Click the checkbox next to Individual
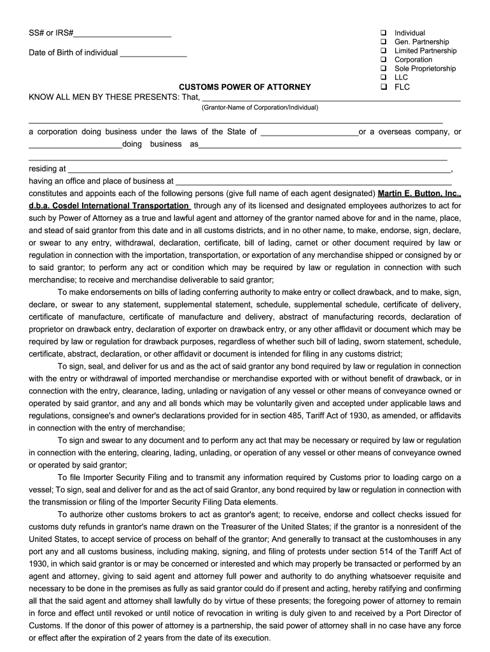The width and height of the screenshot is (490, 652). (384, 32)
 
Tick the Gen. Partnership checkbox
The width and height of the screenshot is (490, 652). (384, 41)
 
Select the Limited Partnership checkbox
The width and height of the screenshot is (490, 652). (384, 50)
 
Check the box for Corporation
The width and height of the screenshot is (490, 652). (384, 59)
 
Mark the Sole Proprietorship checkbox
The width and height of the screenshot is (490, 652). (384, 68)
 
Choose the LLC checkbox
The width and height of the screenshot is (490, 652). (384, 77)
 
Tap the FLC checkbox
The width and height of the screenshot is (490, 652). (384, 87)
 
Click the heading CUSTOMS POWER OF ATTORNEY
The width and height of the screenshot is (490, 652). (244, 87)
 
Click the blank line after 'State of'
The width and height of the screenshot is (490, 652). (309, 132)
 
